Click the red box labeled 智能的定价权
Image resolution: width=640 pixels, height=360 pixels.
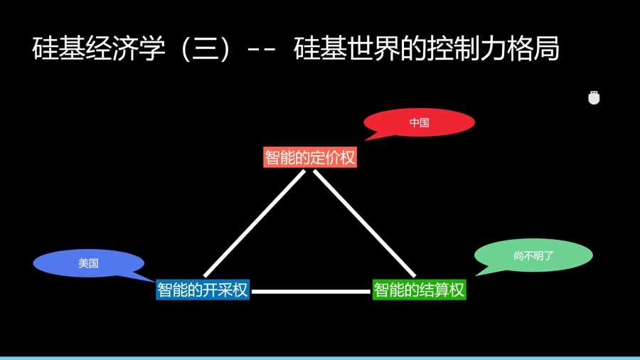pos(309,157)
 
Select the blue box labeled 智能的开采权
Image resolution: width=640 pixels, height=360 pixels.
pos(203,290)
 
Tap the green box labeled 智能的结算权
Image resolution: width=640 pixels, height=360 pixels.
pos(419,290)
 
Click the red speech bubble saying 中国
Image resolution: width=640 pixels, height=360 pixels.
pos(419,123)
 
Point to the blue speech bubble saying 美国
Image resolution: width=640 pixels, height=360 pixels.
pos(88,263)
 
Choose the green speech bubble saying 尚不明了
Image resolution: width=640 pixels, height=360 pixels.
pos(533,255)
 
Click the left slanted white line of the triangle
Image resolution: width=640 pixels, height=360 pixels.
pos(254,223)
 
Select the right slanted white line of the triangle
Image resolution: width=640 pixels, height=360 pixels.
pos(364,223)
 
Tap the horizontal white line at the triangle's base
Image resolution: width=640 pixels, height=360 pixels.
pos(311,291)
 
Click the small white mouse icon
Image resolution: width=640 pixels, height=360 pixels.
pos(594,98)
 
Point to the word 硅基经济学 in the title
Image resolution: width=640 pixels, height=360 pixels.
pos(99,48)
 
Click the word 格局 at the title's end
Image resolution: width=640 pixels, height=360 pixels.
pos(538,48)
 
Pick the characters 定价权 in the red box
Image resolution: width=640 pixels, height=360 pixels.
pos(333,157)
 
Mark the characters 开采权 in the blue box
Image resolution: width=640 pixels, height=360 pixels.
pos(225,290)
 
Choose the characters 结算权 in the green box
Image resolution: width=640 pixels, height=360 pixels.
pos(442,290)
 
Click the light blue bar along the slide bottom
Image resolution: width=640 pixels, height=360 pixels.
pos(320,358)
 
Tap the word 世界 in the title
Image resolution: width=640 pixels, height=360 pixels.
pos(373,48)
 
